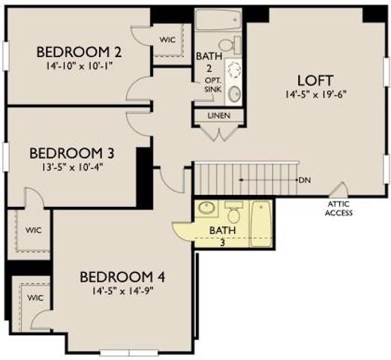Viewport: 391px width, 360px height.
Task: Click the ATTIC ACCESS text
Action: coord(339,208)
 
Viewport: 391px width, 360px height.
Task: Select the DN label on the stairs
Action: coord(305,180)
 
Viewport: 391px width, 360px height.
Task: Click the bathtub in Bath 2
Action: coord(218,19)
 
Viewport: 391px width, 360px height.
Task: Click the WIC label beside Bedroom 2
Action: coord(167,40)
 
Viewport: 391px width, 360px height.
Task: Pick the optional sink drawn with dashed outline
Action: coord(234,70)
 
